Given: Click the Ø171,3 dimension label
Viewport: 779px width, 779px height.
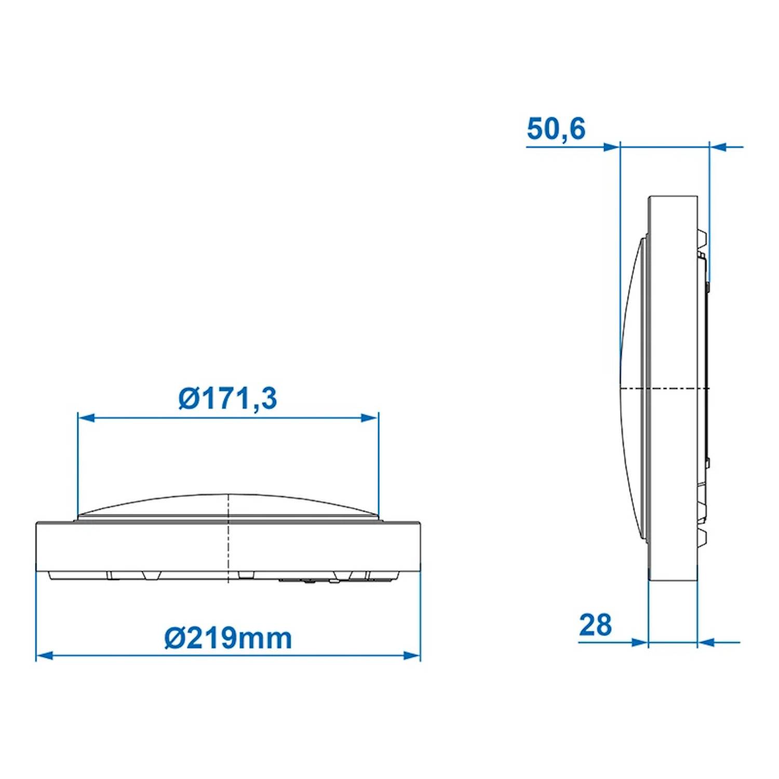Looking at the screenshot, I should click(x=227, y=399).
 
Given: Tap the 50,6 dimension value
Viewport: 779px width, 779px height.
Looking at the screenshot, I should click(x=556, y=129).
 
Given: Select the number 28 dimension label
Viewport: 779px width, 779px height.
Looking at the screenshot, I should click(x=595, y=625).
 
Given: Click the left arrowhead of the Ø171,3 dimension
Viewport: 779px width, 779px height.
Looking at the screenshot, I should click(x=86, y=418).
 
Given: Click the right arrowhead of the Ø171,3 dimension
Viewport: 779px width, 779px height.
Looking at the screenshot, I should click(x=370, y=418).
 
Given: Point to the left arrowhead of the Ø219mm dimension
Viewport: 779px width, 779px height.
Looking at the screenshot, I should click(x=45, y=655).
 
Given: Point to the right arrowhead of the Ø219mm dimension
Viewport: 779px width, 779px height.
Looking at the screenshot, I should click(x=412, y=655).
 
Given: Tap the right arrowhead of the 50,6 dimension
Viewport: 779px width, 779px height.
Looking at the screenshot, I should click(x=718, y=147).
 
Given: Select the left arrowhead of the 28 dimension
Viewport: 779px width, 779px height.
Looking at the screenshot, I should click(x=640, y=642).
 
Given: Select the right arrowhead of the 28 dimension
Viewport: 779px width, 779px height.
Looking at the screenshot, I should click(x=706, y=642).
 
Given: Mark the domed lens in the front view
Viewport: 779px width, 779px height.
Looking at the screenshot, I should click(x=229, y=506).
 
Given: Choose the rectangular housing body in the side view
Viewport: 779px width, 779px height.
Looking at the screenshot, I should click(x=673, y=312).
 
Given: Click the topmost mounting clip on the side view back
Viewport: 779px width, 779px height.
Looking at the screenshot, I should click(x=702, y=239).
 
